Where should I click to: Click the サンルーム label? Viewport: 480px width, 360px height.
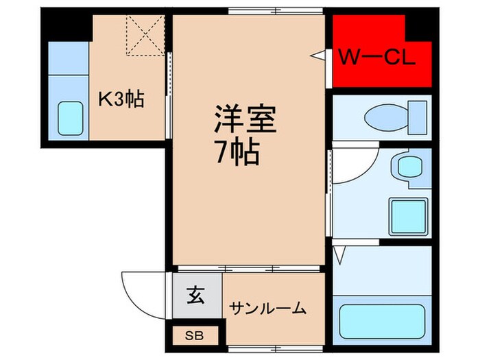pos(267,309)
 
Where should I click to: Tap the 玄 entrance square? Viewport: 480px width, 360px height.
pos(196,298)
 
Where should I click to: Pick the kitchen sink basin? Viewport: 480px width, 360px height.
pos(69,118)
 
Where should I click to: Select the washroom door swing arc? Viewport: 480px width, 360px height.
pos(353,165)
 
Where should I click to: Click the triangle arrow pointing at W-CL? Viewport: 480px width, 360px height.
pos(318,54)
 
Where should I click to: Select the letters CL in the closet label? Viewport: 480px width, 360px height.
pos(398,59)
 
